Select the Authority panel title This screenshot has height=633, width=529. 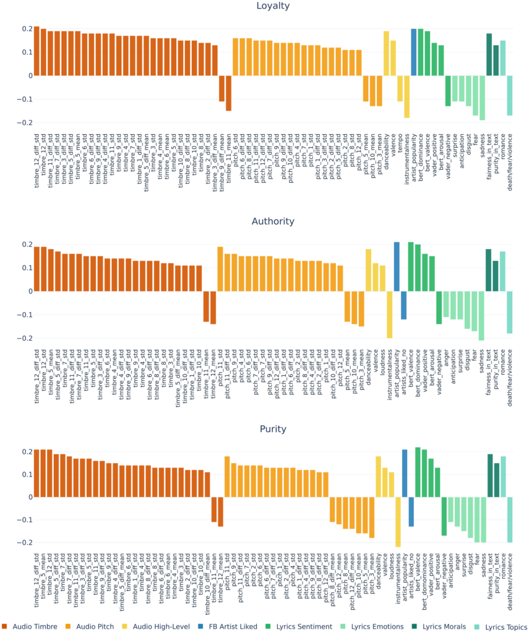tap(273, 221)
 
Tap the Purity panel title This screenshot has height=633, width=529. tap(273, 429)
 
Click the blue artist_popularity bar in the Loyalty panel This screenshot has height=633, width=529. tap(414, 52)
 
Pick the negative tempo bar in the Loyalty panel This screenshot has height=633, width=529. tap(400, 88)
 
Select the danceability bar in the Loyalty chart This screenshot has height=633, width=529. tap(386, 53)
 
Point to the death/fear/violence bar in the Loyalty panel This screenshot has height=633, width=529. tap(510, 95)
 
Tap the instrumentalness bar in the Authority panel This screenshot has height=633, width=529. tap(390, 315)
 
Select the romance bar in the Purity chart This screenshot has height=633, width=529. tap(503, 477)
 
